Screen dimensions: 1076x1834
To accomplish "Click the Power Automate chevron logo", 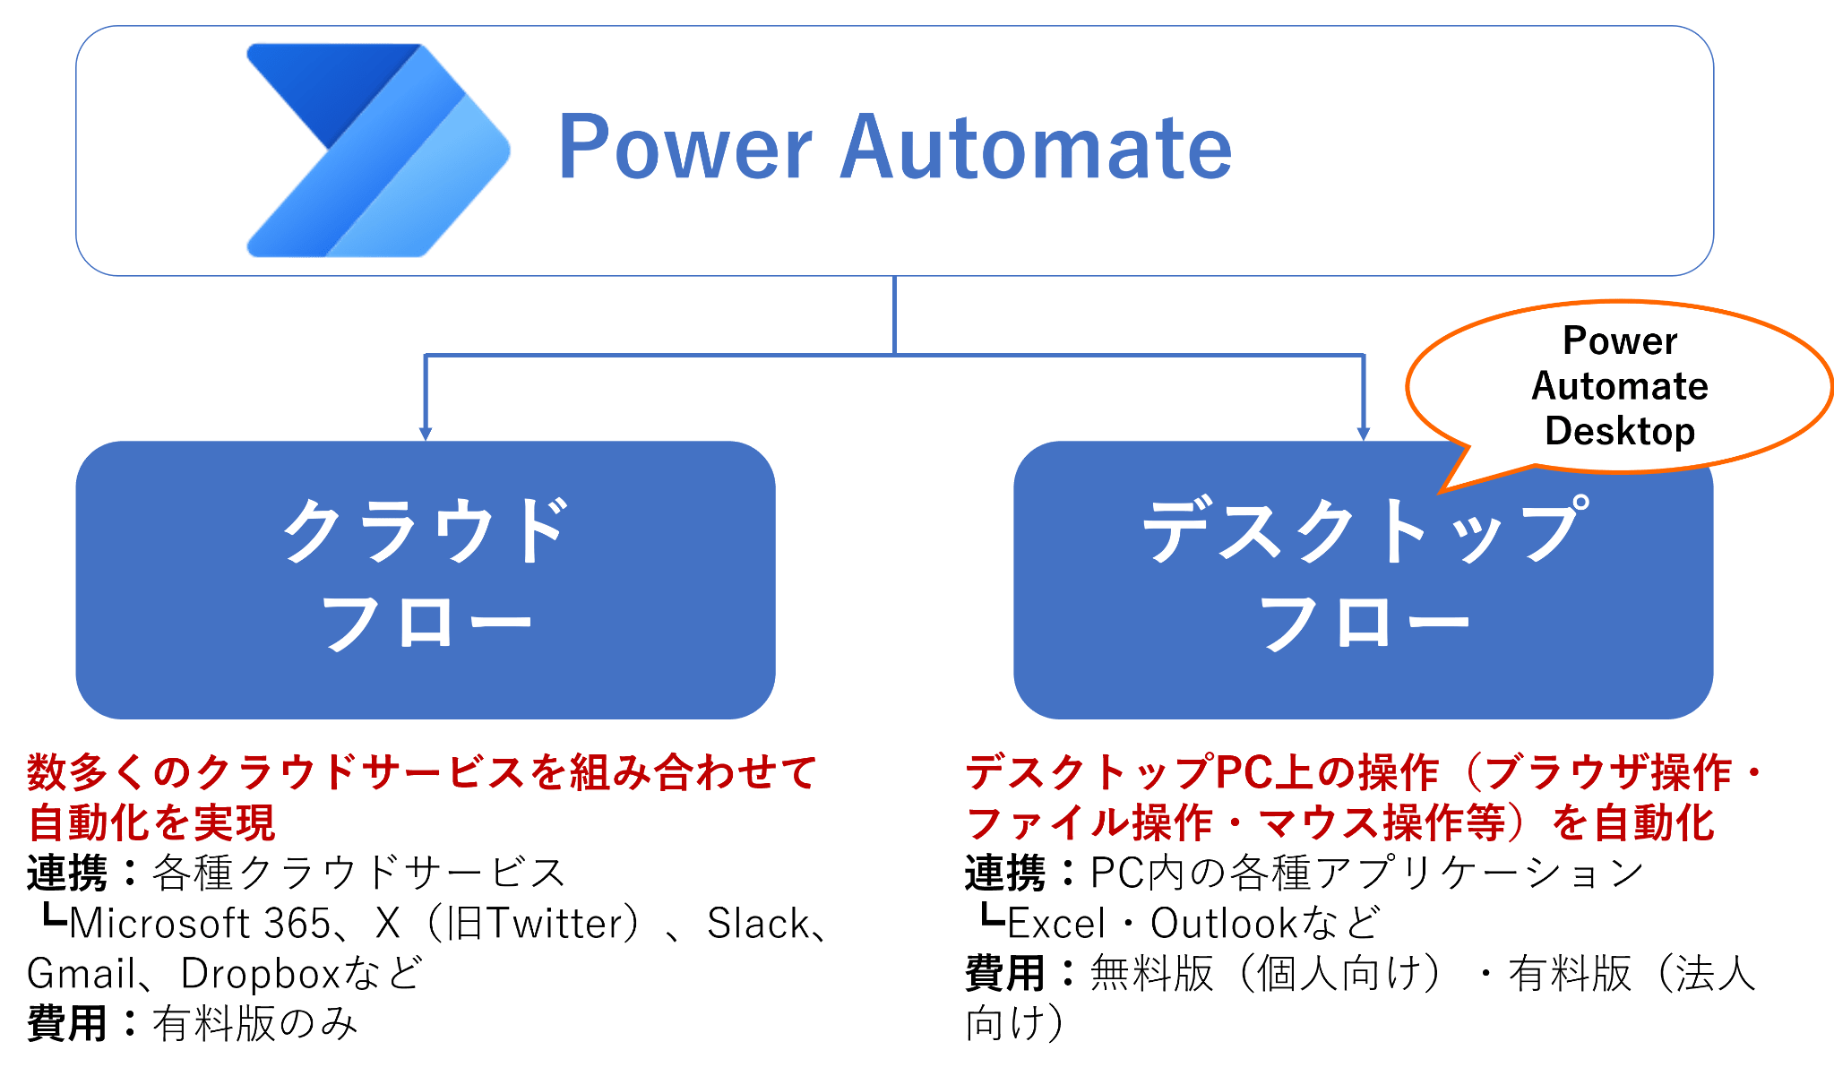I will pos(376,150).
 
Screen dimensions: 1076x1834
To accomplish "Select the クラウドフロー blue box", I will pos(425,580).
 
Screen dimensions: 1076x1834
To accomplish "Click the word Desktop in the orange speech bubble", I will pos(1619,431).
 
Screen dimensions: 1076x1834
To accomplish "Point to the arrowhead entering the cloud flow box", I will pos(425,434).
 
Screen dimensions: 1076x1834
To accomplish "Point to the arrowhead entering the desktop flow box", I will pos(1363,434).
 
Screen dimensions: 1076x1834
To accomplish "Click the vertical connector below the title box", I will pos(894,314).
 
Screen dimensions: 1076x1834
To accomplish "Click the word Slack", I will pos(758,924).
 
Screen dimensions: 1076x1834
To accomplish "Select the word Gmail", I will pos(81,974).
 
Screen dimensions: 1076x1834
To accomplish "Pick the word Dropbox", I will pos(260,974).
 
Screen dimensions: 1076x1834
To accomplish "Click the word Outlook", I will pos(1224,924).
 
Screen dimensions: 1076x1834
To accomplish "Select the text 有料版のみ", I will pos(254,1024).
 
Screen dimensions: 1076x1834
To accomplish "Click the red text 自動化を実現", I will pos(152,822).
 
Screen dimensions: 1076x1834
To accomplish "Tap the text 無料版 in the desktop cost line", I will pos(1150,974).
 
